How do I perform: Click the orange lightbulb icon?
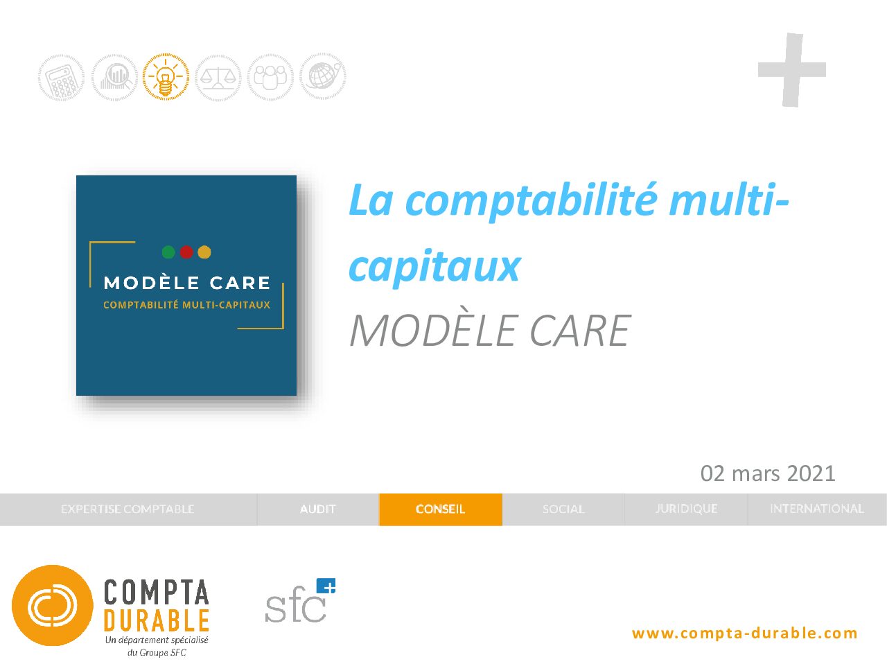point(166,76)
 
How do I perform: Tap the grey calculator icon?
point(61,78)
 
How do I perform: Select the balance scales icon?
point(218,78)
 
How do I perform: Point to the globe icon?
point(322,76)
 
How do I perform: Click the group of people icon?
point(270,77)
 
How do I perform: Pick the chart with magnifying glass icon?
point(114,77)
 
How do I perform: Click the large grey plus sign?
point(792,70)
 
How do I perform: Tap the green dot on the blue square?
point(168,252)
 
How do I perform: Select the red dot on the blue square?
point(186,252)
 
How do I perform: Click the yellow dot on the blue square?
point(204,252)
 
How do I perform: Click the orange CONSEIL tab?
point(441,509)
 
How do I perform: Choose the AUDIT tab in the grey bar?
point(317,509)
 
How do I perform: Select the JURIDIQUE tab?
point(686,509)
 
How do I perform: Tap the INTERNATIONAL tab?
point(817,509)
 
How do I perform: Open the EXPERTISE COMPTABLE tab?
point(128,509)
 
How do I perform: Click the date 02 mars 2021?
point(768,473)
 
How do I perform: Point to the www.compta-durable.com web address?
point(745,633)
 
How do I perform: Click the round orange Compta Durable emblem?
point(53,605)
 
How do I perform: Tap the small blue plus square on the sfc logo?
point(326,586)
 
